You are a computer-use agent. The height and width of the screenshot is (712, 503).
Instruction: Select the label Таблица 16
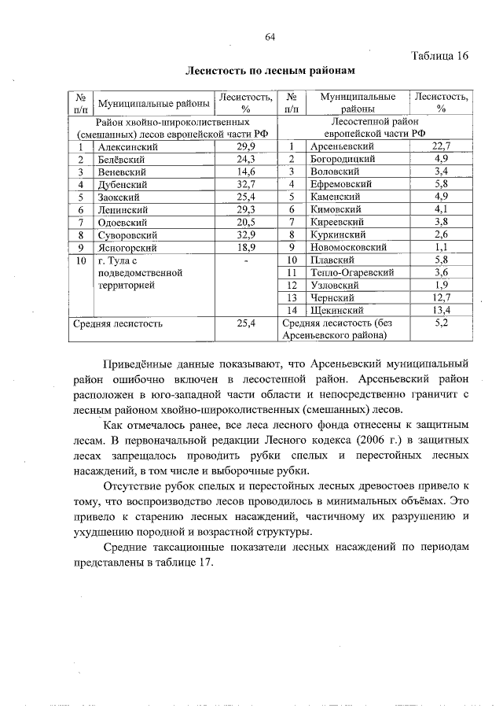point(441,56)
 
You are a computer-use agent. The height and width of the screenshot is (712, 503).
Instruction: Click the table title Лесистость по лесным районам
point(265,70)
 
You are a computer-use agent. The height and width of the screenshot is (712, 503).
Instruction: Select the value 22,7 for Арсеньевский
point(441,146)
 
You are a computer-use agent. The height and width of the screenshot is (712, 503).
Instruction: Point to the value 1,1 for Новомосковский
point(441,247)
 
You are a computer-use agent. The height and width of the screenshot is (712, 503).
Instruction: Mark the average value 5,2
point(441,323)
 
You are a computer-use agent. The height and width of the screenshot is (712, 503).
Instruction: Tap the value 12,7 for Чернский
point(441,297)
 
